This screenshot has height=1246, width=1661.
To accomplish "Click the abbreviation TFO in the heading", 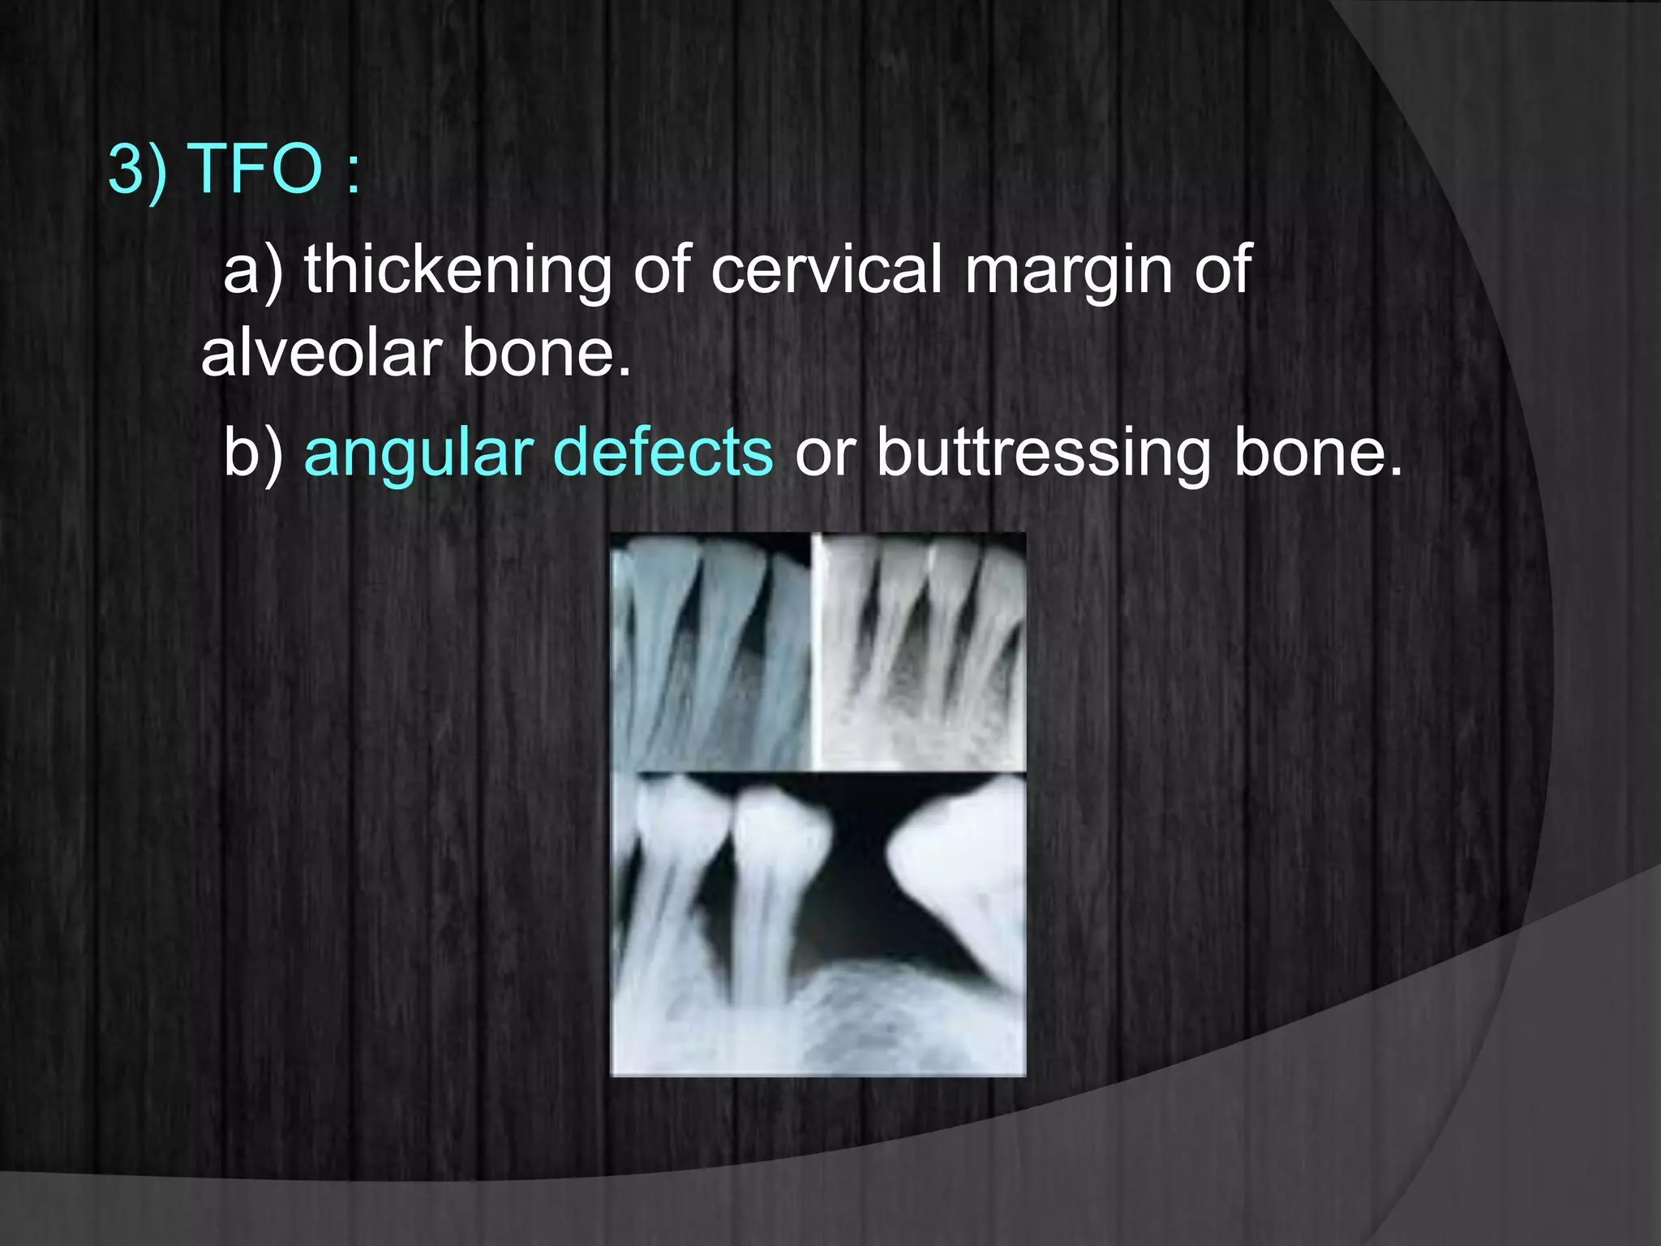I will pos(255,168).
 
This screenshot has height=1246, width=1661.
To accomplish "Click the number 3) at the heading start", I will pos(137,168).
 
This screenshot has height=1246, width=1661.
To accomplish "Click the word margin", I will pos(1068,273).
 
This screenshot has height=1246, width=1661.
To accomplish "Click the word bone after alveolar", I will pos(545,354).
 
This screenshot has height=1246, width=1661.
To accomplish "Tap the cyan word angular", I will pos(418,454).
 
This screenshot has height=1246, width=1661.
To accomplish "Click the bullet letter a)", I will pos(253,271).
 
